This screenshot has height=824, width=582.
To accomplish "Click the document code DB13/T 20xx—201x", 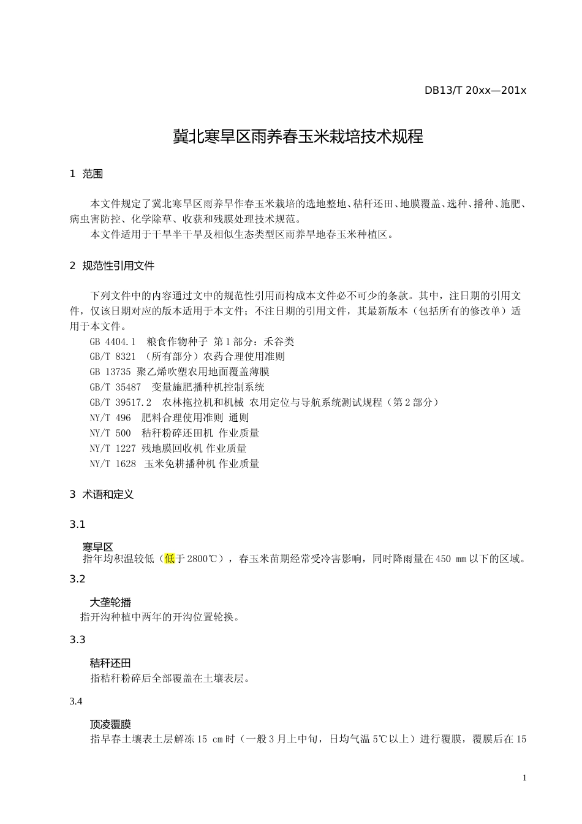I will point(475,90).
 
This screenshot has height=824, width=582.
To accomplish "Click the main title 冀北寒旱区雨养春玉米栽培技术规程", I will point(298,136).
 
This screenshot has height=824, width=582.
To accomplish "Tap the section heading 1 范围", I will point(86,174).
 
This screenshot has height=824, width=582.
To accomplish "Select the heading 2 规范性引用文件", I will point(112,265).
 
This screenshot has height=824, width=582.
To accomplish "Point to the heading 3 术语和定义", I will point(102,494).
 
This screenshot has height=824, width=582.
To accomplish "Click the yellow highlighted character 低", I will point(170,559).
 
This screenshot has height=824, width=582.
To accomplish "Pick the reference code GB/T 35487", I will point(115,387).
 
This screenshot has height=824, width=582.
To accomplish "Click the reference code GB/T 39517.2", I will point(121,402).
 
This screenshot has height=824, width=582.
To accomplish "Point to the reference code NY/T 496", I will point(110,418).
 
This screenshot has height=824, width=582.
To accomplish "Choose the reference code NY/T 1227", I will point(113,448).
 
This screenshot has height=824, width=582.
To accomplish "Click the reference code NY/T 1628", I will point(113,464).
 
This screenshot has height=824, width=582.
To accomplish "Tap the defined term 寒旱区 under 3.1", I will point(97,546).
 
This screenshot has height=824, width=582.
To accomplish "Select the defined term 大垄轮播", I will point(110,602).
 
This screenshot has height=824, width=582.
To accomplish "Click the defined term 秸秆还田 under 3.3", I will point(110,663).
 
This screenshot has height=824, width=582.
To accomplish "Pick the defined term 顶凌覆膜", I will point(110,724).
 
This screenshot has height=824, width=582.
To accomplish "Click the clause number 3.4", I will point(76,701).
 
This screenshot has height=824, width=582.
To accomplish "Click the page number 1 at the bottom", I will point(524,778).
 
